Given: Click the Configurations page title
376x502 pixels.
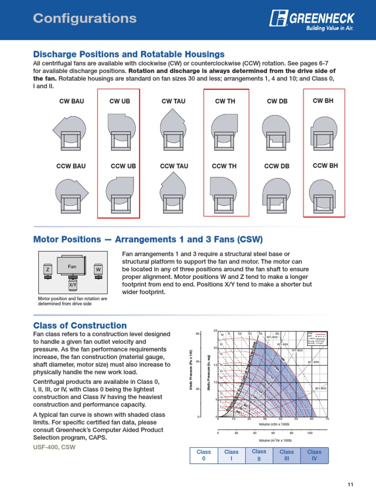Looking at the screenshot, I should [x=84, y=19].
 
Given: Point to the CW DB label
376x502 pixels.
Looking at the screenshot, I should [x=277, y=101].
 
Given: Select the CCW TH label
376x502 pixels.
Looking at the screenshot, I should [x=224, y=166].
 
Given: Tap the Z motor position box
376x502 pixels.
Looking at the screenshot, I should [x=47, y=270].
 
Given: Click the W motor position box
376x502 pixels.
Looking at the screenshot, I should [x=98, y=270].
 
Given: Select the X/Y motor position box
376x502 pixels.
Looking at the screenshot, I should [x=73, y=284].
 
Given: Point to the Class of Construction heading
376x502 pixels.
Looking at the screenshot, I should [x=80, y=326].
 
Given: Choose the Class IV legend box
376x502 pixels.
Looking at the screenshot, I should [x=314, y=455].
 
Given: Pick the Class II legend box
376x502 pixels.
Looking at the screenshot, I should [x=259, y=455].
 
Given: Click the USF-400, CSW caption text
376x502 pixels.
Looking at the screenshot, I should [x=54, y=448].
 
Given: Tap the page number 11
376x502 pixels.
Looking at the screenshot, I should [x=350, y=485].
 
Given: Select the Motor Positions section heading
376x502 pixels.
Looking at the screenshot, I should [x=148, y=239].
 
